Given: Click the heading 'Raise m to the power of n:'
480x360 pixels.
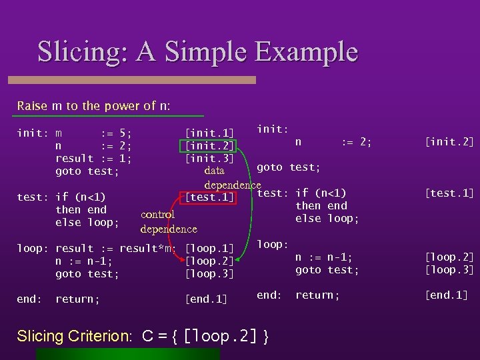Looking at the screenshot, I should click(x=93, y=106).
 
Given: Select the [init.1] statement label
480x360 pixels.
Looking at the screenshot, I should click(x=209, y=133).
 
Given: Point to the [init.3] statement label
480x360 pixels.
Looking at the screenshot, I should click(x=209, y=159).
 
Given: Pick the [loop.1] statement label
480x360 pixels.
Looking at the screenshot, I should click(x=209, y=249).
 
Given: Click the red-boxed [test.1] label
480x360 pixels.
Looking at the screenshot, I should click(x=209, y=197).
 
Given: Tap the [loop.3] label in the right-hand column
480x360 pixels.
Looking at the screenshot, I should click(x=449, y=270).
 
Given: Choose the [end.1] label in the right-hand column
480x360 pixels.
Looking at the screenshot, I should click(x=447, y=295).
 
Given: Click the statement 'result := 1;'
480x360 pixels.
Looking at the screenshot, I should click(x=93, y=159).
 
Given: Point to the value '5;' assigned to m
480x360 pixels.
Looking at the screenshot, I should click(x=124, y=133).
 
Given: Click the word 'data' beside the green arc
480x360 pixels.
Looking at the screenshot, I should click(x=214, y=171).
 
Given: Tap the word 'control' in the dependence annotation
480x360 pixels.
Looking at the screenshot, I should click(x=158, y=215).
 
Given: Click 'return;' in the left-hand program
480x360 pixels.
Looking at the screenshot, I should click(x=77, y=300).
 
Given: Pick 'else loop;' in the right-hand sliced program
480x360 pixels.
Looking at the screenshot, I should click(x=327, y=219).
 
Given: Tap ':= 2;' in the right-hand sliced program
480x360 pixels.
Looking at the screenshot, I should click(x=356, y=142).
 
